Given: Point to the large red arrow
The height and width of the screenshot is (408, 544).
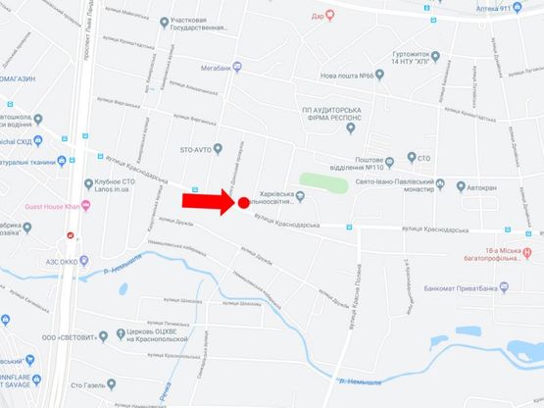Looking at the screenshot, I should [x=208, y=201].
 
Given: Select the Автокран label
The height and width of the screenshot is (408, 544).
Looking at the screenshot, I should [x=481, y=183].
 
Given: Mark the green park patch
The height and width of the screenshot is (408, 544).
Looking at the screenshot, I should [x=322, y=183].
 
